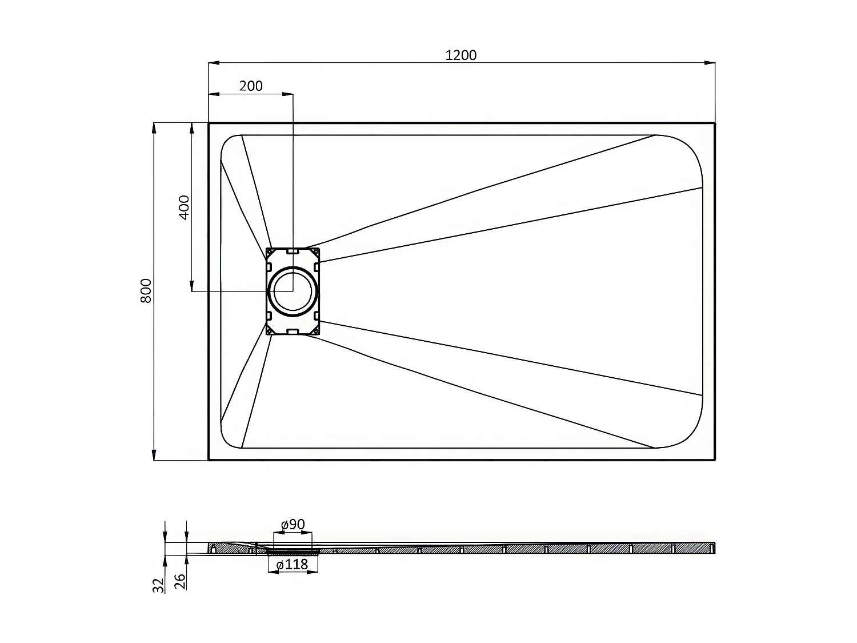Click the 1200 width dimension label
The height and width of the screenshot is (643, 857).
click(x=460, y=55)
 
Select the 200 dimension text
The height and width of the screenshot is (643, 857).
click(x=251, y=86)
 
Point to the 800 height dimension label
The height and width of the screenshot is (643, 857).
click(x=146, y=290)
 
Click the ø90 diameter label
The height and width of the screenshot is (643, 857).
click(x=293, y=525)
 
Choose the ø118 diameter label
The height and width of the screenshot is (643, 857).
click(x=292, y=565)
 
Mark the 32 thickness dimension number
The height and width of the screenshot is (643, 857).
click(x=159, y=584)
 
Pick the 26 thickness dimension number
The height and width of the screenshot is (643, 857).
click(x=180, y=582)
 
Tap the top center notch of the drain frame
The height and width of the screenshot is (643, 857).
click(x=293, y=251)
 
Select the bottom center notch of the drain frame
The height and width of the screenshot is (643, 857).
click(x=293, y=331)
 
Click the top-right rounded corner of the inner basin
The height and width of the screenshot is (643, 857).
click(x=688, y=149)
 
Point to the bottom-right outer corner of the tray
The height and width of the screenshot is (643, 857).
click(x=715, y=460)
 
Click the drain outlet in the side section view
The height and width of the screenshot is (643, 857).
click(x=293, y=551)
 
